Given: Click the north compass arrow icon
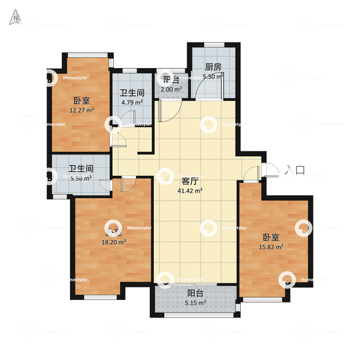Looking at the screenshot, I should (14, 18).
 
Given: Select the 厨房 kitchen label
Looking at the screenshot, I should (213, 67).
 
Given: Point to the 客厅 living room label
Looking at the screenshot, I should (189, 181).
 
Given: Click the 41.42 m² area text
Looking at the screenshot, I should (189, 191).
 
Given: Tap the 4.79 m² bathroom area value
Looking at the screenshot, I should (132, 103).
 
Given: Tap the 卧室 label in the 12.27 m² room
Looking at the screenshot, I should (82, 100).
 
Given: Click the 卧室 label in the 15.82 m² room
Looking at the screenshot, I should (271, 237).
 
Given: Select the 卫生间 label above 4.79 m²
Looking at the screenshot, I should (132, 93).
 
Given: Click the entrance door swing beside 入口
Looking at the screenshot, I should (269, 171).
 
